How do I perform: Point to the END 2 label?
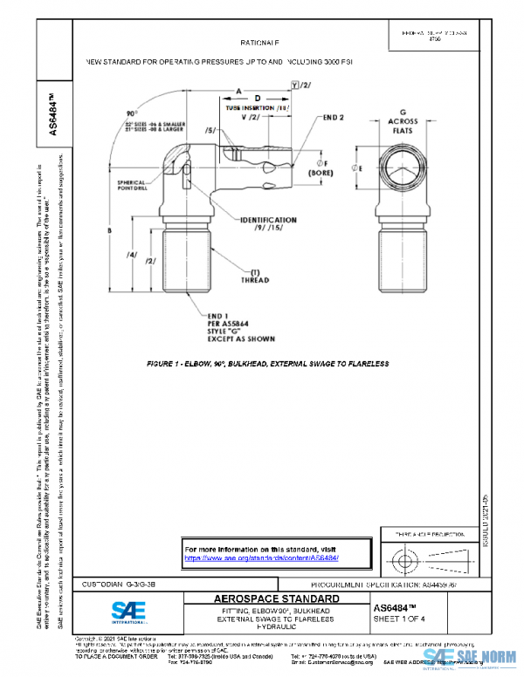[x=335, y=116]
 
